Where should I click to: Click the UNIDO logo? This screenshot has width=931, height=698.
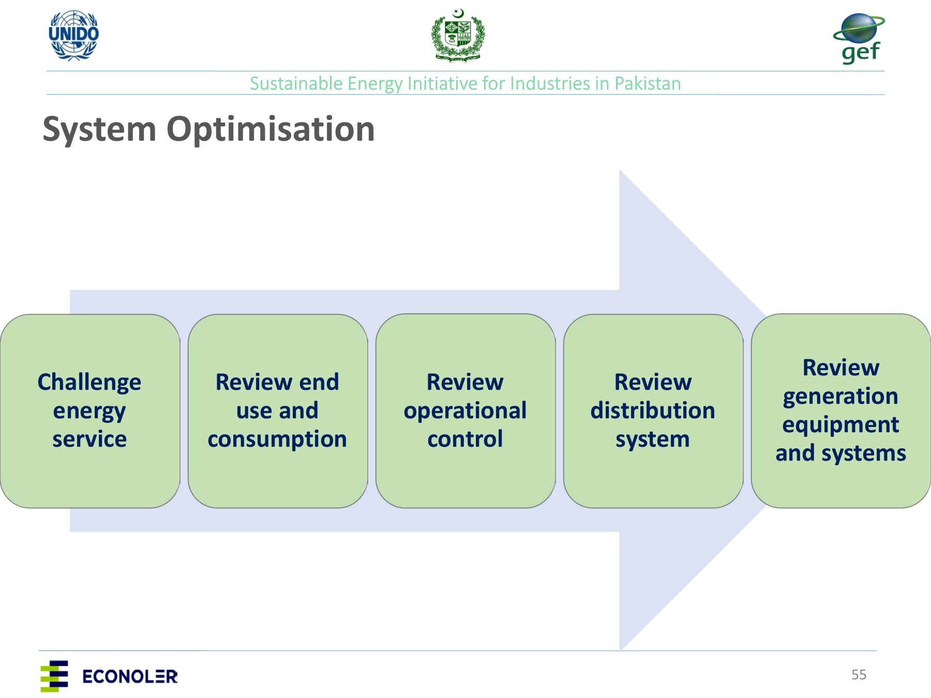[73, 35]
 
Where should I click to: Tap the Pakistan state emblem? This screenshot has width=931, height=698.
[458, 35]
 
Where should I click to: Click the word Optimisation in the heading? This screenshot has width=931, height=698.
[271, 129]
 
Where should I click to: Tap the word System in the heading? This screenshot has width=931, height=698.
[99, 130]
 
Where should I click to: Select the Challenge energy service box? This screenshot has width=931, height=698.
[90, 411]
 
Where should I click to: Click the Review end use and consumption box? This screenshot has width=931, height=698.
[278, 411]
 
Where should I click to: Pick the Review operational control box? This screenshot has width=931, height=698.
[465, 411]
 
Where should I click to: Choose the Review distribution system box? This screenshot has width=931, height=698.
[653, 411]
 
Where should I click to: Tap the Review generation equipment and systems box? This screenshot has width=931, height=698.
[841, 411]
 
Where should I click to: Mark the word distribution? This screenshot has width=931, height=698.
[653, 411]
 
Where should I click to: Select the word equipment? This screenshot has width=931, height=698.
[840, 426]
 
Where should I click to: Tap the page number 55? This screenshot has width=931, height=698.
[859, 675]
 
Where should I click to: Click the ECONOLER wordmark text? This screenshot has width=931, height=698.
[130, 676]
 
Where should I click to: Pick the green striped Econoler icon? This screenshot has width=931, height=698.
[54, 676]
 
